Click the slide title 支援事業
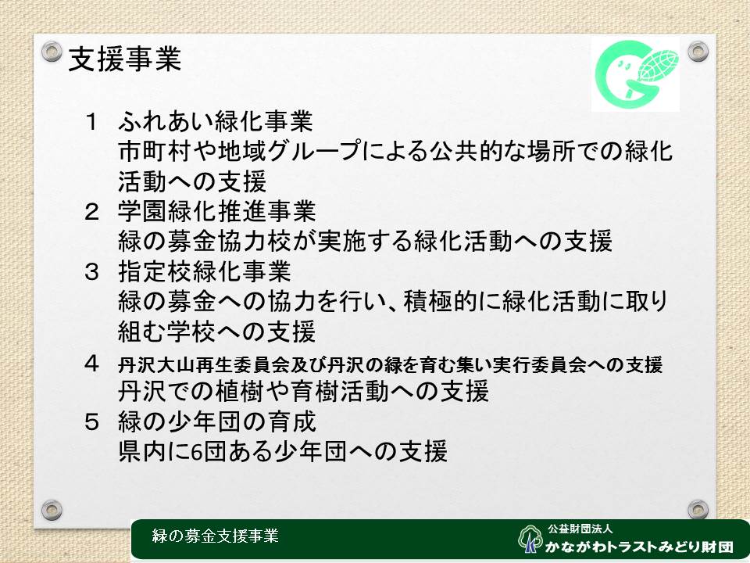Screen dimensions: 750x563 coord(125,59)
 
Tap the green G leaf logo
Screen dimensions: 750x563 coord(636,74)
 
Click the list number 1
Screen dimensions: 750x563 coord(91,122)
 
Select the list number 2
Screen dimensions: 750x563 coord(91,212)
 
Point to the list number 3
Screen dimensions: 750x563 coord(91,272)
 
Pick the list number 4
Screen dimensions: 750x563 coord(91,364)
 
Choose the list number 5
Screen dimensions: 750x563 coord(91,422)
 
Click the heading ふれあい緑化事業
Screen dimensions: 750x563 coord(216,121)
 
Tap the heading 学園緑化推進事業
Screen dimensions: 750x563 coord(216,212)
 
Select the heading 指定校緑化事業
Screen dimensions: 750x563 coord(205,271)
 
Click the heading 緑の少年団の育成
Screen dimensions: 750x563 coord(216,421)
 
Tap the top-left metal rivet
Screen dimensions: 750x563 coord(52,52)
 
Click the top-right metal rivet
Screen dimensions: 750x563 coord(698,52)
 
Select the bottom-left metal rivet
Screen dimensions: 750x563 coord(52,510)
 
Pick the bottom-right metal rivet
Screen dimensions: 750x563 coord(698,510)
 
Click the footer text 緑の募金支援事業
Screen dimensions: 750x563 coord(216,536)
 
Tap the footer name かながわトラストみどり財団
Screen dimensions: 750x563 coord(639,547)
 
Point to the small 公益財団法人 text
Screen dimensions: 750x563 coord(580,529)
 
